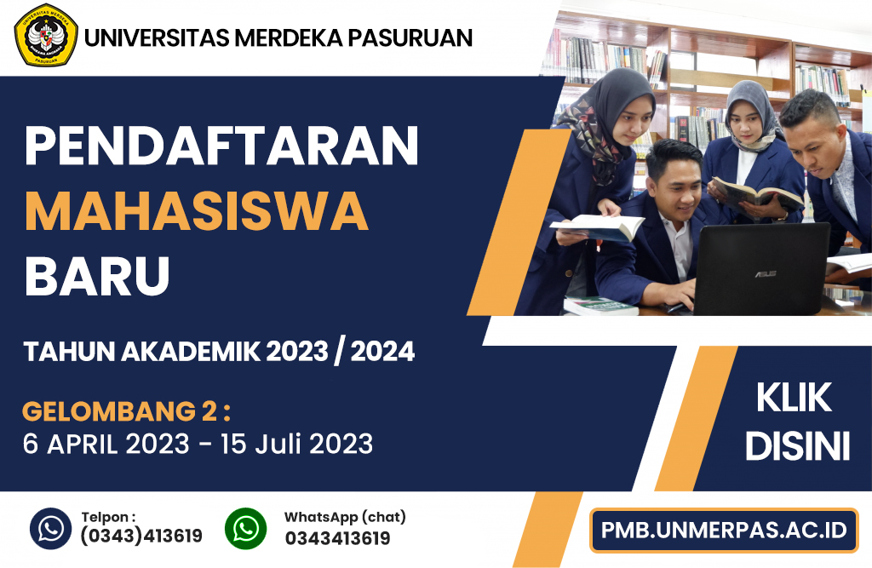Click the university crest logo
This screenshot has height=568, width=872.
(46, 36)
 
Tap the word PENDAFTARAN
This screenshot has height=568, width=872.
(221, 146)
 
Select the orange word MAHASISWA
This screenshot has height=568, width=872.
(197, 211)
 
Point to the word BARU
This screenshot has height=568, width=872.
(97, 277)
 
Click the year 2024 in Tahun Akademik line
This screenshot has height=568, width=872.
(382, 352)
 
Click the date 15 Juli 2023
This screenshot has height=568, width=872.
(297, 444)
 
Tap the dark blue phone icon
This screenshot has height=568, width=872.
(50, 528)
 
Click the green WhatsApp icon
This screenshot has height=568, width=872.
(246, 528)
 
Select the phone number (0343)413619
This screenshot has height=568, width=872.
(141, 536)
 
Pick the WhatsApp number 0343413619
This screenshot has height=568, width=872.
(337, 538)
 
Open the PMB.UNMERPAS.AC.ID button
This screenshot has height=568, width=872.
(724, 531)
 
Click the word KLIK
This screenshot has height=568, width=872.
(795, 398)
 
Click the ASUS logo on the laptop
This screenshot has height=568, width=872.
(766, 274)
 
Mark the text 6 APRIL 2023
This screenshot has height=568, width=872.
(106, 444)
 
